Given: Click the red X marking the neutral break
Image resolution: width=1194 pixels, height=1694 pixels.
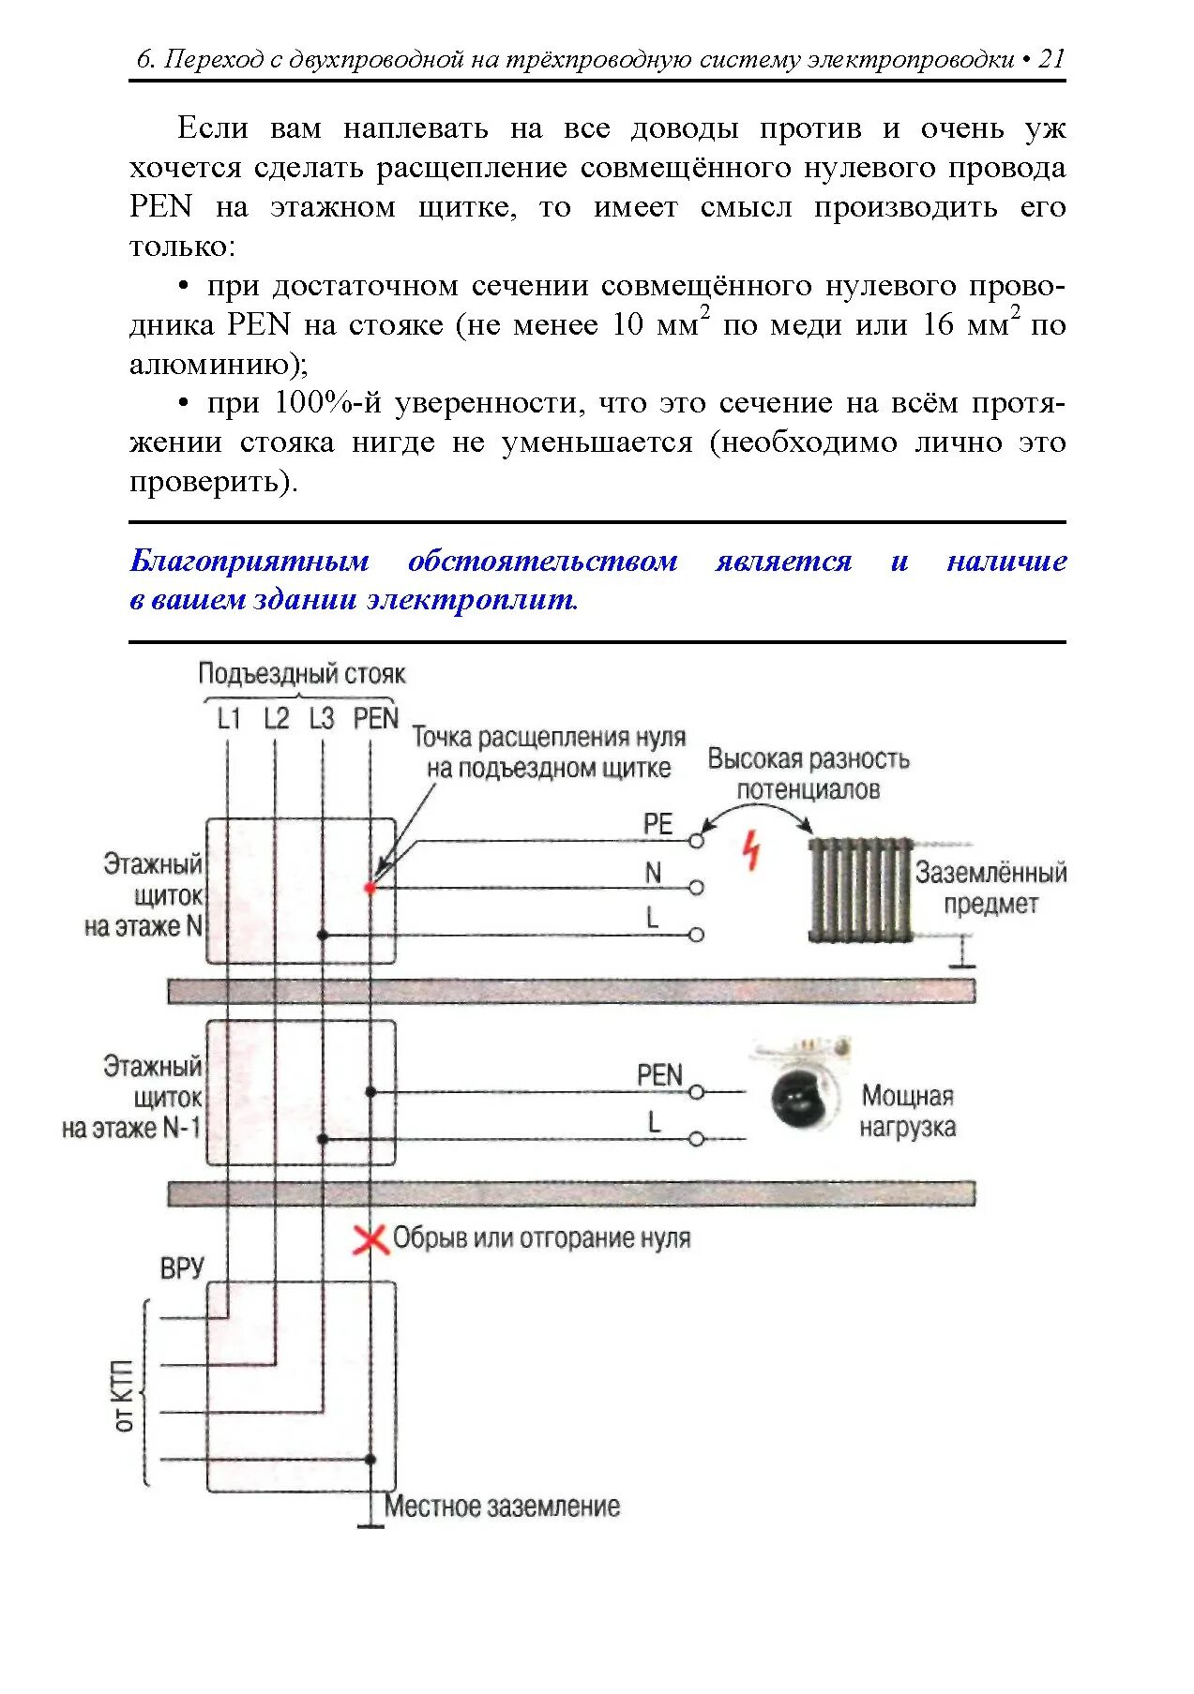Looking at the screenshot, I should click(370, 1239).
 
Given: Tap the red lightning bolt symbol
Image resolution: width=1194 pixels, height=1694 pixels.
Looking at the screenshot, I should click(751, 849).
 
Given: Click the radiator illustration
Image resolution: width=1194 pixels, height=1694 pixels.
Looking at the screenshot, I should click(860, 889).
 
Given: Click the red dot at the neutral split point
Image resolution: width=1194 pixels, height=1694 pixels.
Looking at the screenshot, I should click(370, 887).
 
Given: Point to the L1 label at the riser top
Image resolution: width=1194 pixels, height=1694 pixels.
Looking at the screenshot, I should click(229, 719).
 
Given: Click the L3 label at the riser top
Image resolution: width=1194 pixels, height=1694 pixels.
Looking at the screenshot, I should click(321, 719).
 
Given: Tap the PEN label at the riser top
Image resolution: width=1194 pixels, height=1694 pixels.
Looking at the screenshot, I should click(375, 719).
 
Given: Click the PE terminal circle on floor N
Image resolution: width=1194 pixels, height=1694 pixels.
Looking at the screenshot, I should click(696, 841).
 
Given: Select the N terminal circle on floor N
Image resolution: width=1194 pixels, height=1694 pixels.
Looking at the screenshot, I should click(696, 887).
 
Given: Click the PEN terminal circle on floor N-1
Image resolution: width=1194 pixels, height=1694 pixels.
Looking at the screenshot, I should click(696, 1092).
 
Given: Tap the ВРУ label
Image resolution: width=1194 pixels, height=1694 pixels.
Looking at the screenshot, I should click(182, 1268).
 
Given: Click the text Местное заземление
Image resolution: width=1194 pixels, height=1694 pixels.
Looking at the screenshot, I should click(502, 1507).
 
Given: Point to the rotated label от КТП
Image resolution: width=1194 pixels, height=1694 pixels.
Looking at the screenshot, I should click(125, 1395).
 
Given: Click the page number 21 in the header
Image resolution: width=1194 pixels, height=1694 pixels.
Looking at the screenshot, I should click(1051, 59).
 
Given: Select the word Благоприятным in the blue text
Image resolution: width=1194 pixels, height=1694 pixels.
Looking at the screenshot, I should click(249, 561).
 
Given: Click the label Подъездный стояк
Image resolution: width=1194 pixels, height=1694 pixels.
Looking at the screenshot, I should click(301, 674).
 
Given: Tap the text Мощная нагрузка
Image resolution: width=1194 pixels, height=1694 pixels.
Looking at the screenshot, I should click(907, 1111).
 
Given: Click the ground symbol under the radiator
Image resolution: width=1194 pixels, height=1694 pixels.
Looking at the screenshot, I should click(960, 960).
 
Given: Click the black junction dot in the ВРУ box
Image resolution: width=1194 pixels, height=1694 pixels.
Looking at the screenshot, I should click(370, 1460).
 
